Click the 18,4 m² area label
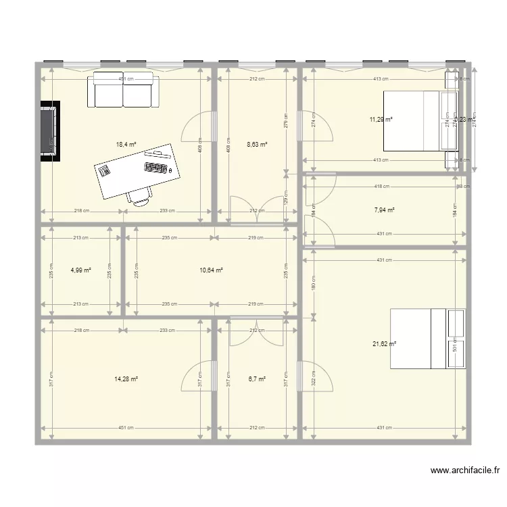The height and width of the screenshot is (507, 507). pyautogui.click(x=126, y=144)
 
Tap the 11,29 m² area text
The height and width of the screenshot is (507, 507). pyautogui.click(x=381, y=120)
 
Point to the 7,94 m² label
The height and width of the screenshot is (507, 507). pyautogui.click(x=385, y=210)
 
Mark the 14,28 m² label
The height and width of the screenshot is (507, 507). pyautogui.click(x=126, y=379)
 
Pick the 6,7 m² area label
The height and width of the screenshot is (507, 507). pyautogui.click(x=257, y=379)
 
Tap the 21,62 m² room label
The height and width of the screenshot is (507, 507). pyautogui.click(x=384, y=343)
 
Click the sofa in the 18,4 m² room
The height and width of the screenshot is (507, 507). pyautogui.click(x=123, y=90)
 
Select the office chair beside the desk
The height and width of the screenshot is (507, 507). pyautogui.click(x=139, y=195)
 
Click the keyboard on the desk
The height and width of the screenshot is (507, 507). pyautogui.click(x=155, y=167)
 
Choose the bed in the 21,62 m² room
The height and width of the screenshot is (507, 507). pyautogui.click(x=427, y=339)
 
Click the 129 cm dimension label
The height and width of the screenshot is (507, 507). pyautogui.click(x=285, y=197)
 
